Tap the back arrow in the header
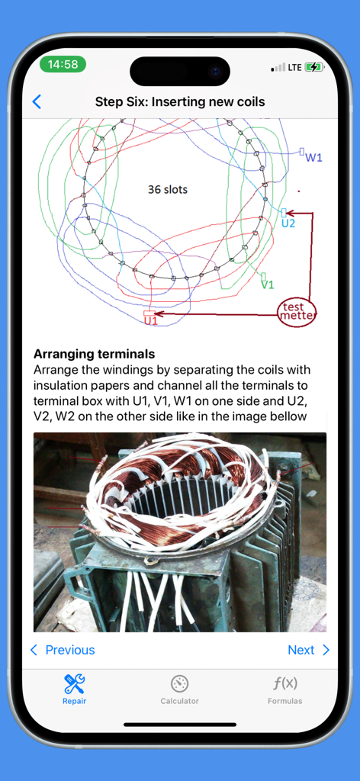(37, 102)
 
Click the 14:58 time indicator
(63, 65)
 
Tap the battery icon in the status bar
(313, 67)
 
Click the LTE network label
(294, 67)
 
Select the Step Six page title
(180, 102)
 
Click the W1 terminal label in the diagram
(313, 157)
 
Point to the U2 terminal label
(288, 223)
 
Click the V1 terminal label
(268, 284)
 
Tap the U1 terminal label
(151, 321)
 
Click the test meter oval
(297, 312)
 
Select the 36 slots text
(168, 189)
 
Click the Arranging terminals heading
(94, 354)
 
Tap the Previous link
(63, 650)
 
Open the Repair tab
(74, 689)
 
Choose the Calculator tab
(179, 689)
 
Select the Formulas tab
(284, 689)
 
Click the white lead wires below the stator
(159, 598)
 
